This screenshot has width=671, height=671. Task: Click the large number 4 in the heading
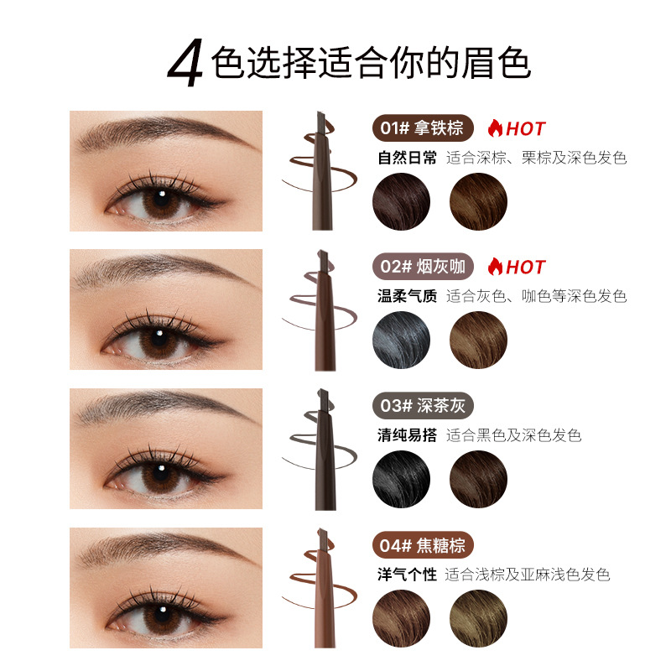pyautogui.click(x=185, y=62)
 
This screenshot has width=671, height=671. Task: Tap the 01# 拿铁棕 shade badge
pyautogui.click(x=423, y=128)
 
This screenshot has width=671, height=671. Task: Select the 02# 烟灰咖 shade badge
pyautogui.click(x=423, y=266)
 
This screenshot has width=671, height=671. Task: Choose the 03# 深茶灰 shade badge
pyautogui.click(x=423, y=405)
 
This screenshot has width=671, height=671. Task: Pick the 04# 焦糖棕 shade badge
pyautogui.click(x=423, y=545)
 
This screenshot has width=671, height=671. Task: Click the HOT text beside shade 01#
pyautogui.click(x=526, y=129)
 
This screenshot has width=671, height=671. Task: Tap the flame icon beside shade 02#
pyautogui.click(x=495, y=266)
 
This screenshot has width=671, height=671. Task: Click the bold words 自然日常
pyautogui.click(x=407, y=158)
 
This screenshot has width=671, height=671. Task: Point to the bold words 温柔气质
pyautogui.click(x=407, y=296)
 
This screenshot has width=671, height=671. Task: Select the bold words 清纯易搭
pyautogui.click(x=407, y=435)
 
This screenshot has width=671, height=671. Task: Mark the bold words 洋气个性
pyautogui.click(x=407, y=575)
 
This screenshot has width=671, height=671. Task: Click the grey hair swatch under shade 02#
pyautogui.click(x=402, y=340)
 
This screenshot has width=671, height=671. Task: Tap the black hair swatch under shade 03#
pyautogui.click(x=402, y=479)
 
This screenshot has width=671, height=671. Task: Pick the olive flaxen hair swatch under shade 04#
pyautogui.click(x=478, y=618)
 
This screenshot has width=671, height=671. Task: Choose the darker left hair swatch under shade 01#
pyautogui.click(x=402, y=201)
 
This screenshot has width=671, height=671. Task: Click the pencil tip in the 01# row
pyautogui.click(x=322, y=121)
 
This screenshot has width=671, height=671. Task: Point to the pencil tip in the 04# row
pyautogui.click(x=322, y=538)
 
